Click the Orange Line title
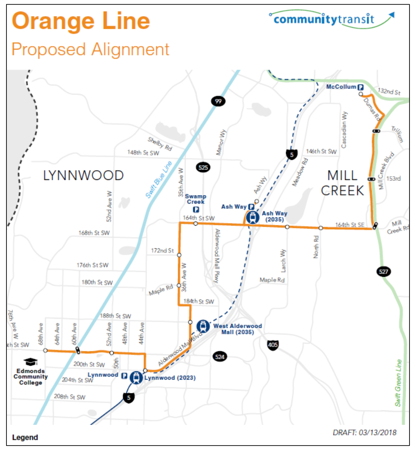[x=81, y=21]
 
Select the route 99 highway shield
[x=218, y=101]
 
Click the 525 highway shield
[x=203, y=167]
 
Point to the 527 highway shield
[x=384, y=271]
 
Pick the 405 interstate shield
[x=273, y=345]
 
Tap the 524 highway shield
[x=220, y=357]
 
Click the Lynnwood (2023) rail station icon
[x=136, y=378]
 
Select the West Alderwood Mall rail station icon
[x=203, y=326]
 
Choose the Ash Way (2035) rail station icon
[x=253, y=217]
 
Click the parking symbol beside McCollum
[x=360, y=87]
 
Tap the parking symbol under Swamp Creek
[x=196, y=209]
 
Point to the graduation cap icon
[x=31, y=362]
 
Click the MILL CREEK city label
[x=342, y=183]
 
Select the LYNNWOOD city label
[x=83, y=176]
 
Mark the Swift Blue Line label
[x=159, y=180]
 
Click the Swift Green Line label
[x=398, y=383]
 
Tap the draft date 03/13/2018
[x=364, y=432]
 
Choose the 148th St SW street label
[x=143, y=153]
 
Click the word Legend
[x=25, y=437]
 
